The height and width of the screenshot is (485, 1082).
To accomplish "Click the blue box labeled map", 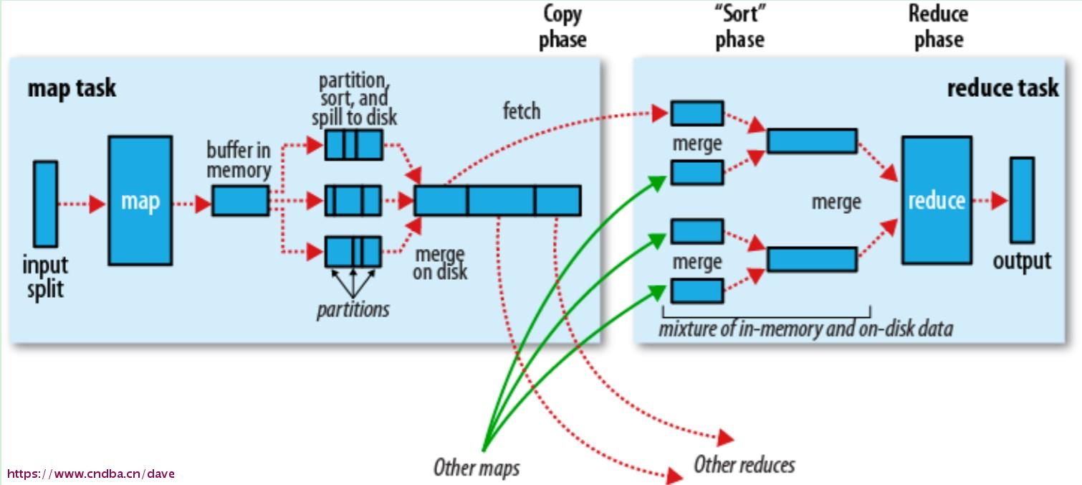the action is click(x=140, y=200).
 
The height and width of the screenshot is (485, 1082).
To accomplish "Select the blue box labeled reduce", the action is click(x=937, y=200).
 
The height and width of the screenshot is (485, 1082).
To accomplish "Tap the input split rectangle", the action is click(x=45, y=204).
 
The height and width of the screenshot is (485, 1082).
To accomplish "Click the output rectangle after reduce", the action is click(x=1022, y=199).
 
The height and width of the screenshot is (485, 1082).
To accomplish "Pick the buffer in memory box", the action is click(x=241, y=200).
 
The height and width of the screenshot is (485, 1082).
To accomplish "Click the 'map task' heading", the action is click(x=72, y=88).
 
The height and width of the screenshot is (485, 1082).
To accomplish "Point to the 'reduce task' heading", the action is click(x=1002, y=88).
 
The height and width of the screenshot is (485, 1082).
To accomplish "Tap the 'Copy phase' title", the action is click(x=562, y=27).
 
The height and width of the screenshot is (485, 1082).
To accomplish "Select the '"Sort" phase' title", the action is click(x=740, y=27).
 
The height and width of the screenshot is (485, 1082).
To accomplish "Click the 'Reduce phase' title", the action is click(x=939, y=27).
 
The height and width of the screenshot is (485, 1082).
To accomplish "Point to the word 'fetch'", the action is click(x=522, y=111).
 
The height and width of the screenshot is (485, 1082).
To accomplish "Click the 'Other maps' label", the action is click(x=477, y=468).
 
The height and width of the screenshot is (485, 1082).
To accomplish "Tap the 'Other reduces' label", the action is click(x=745, y=465).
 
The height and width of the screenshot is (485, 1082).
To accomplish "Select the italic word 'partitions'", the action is click(x=353, y=310).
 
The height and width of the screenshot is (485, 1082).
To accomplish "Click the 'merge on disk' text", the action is click(x=440, y=263).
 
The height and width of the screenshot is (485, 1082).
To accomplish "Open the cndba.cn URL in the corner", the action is click(x=91, y=474).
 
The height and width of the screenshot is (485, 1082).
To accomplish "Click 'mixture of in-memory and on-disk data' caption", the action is click(x=806, y=329).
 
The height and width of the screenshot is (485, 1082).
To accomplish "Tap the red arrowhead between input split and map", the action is click(x=97, y=204).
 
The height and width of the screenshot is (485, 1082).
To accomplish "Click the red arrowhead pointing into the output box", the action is click(x=1000, y=200).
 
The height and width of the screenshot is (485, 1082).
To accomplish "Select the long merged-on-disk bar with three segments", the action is click(x=497, y=200).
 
